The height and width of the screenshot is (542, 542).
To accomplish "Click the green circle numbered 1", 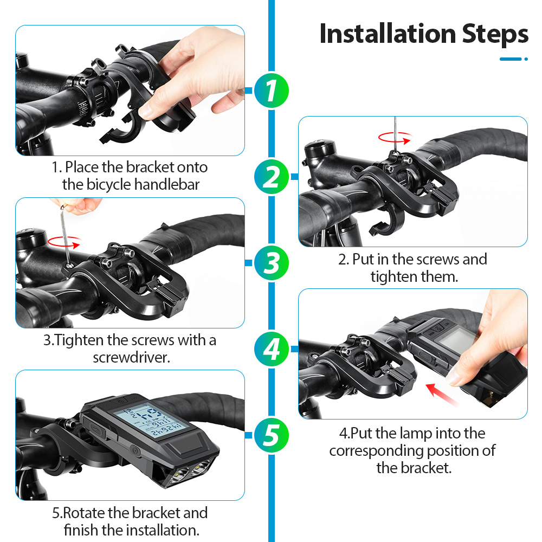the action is [x=272, y=91].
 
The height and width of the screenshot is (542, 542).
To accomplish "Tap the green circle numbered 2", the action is [x=272, y=177].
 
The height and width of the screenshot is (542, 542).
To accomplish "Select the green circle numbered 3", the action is [x=272, y=263].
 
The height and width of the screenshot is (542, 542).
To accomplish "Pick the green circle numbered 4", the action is [x=272, y=349].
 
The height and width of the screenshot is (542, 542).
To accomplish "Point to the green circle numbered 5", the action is [x=272, y=435].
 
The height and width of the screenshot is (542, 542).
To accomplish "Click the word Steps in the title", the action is [x=495, y=35].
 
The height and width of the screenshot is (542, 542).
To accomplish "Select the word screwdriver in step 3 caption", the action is [x=131, y=357].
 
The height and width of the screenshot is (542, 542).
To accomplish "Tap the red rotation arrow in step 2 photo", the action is [x=395, y=138].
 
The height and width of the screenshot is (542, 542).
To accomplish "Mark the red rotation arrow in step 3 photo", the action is [x=64, y=242].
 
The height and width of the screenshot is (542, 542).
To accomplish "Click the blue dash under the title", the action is [x=511, y=59].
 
